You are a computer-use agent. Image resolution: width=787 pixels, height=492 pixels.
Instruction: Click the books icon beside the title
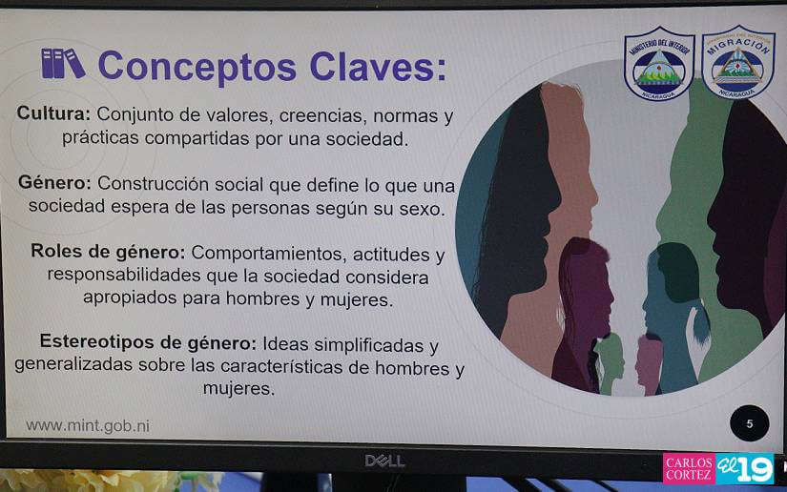[63, 64]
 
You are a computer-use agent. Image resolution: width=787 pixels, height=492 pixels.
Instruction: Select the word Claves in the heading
[378, 67]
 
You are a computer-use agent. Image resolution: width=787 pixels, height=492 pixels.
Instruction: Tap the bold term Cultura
[53, 113]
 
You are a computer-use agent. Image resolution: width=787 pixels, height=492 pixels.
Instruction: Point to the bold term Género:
[54, 182]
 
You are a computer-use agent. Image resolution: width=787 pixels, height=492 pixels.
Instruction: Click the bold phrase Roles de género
[108, 252]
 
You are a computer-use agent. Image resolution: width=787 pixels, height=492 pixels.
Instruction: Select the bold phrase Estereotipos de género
[148, 341]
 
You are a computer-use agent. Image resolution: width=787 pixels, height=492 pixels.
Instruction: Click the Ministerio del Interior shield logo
[659, 63]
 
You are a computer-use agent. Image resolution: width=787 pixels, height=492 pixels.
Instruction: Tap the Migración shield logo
[737, 61]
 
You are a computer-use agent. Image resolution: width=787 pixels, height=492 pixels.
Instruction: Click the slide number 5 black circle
[750, 423]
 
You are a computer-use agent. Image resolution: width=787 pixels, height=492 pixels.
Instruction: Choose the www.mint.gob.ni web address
[88, 426]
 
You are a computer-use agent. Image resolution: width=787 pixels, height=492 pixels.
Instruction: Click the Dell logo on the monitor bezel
[384, 461]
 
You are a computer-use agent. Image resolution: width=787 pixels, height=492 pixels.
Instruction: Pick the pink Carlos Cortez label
[689, 469]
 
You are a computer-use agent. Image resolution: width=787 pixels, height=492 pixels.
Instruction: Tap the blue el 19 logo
[744, 469]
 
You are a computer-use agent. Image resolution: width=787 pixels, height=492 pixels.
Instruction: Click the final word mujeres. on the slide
[238, 389]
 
